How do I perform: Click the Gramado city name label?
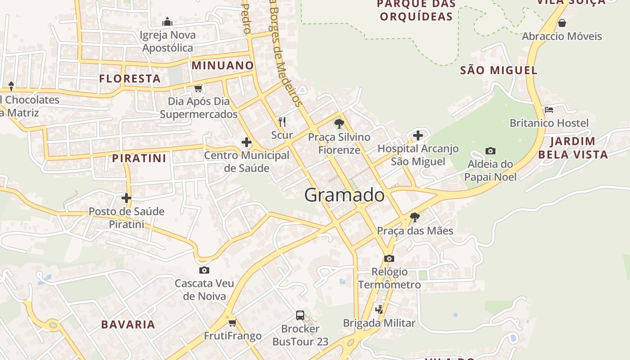click(x=344, y=195)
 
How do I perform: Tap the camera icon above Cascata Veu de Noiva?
click(x=204, y=270)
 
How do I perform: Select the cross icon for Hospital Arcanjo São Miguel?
click(x=418, y=135)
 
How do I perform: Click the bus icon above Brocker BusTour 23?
click(x=300, y=315)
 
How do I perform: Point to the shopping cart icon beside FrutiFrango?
click(x=233, y=323)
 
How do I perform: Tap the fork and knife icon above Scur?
click(x=282, y=121)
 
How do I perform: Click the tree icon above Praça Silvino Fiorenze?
click(x=339, y=123)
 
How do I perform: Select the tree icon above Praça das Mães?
click(x=415, y=218)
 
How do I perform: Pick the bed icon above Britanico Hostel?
click(x=549, y=109)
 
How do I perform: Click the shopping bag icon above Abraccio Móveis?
click(x=562, y=23)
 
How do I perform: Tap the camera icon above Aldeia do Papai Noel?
click(x=490, y=151)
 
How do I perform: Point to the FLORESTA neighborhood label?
click(x=130, y=79)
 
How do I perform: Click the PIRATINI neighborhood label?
click(x=139, y=158)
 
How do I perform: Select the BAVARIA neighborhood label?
click(x=128, y=324)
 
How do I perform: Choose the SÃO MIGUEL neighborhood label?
click(x=499, y=70)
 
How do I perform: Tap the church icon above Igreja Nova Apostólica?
click(x=167, y=22)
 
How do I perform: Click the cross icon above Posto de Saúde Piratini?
click(x=126, y=198)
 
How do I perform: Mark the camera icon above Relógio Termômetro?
click(x=389, y=258)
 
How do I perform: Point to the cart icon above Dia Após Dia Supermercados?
click(x=198, y=88)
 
